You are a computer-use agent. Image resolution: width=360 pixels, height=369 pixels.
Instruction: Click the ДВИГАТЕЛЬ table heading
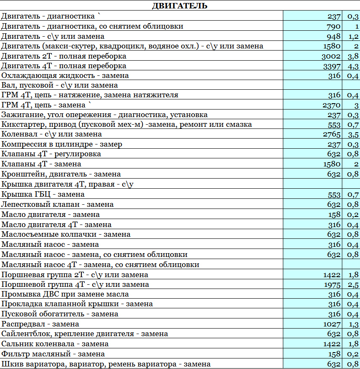180,5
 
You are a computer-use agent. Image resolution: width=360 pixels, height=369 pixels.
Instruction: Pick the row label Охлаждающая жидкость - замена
65,76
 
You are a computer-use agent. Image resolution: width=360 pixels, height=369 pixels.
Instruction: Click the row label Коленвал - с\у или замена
52,134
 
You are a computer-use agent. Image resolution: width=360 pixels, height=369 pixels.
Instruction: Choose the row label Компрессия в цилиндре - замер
62,144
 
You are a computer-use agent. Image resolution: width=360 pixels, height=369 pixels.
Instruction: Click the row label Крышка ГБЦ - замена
43,194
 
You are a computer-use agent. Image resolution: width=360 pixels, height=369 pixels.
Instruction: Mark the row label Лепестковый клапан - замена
58,204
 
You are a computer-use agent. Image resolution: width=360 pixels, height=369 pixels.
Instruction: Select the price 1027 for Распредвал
332,324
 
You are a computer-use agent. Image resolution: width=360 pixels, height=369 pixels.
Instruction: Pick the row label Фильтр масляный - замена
53,354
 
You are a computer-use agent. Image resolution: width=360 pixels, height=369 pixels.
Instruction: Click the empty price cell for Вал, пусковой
312,85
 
